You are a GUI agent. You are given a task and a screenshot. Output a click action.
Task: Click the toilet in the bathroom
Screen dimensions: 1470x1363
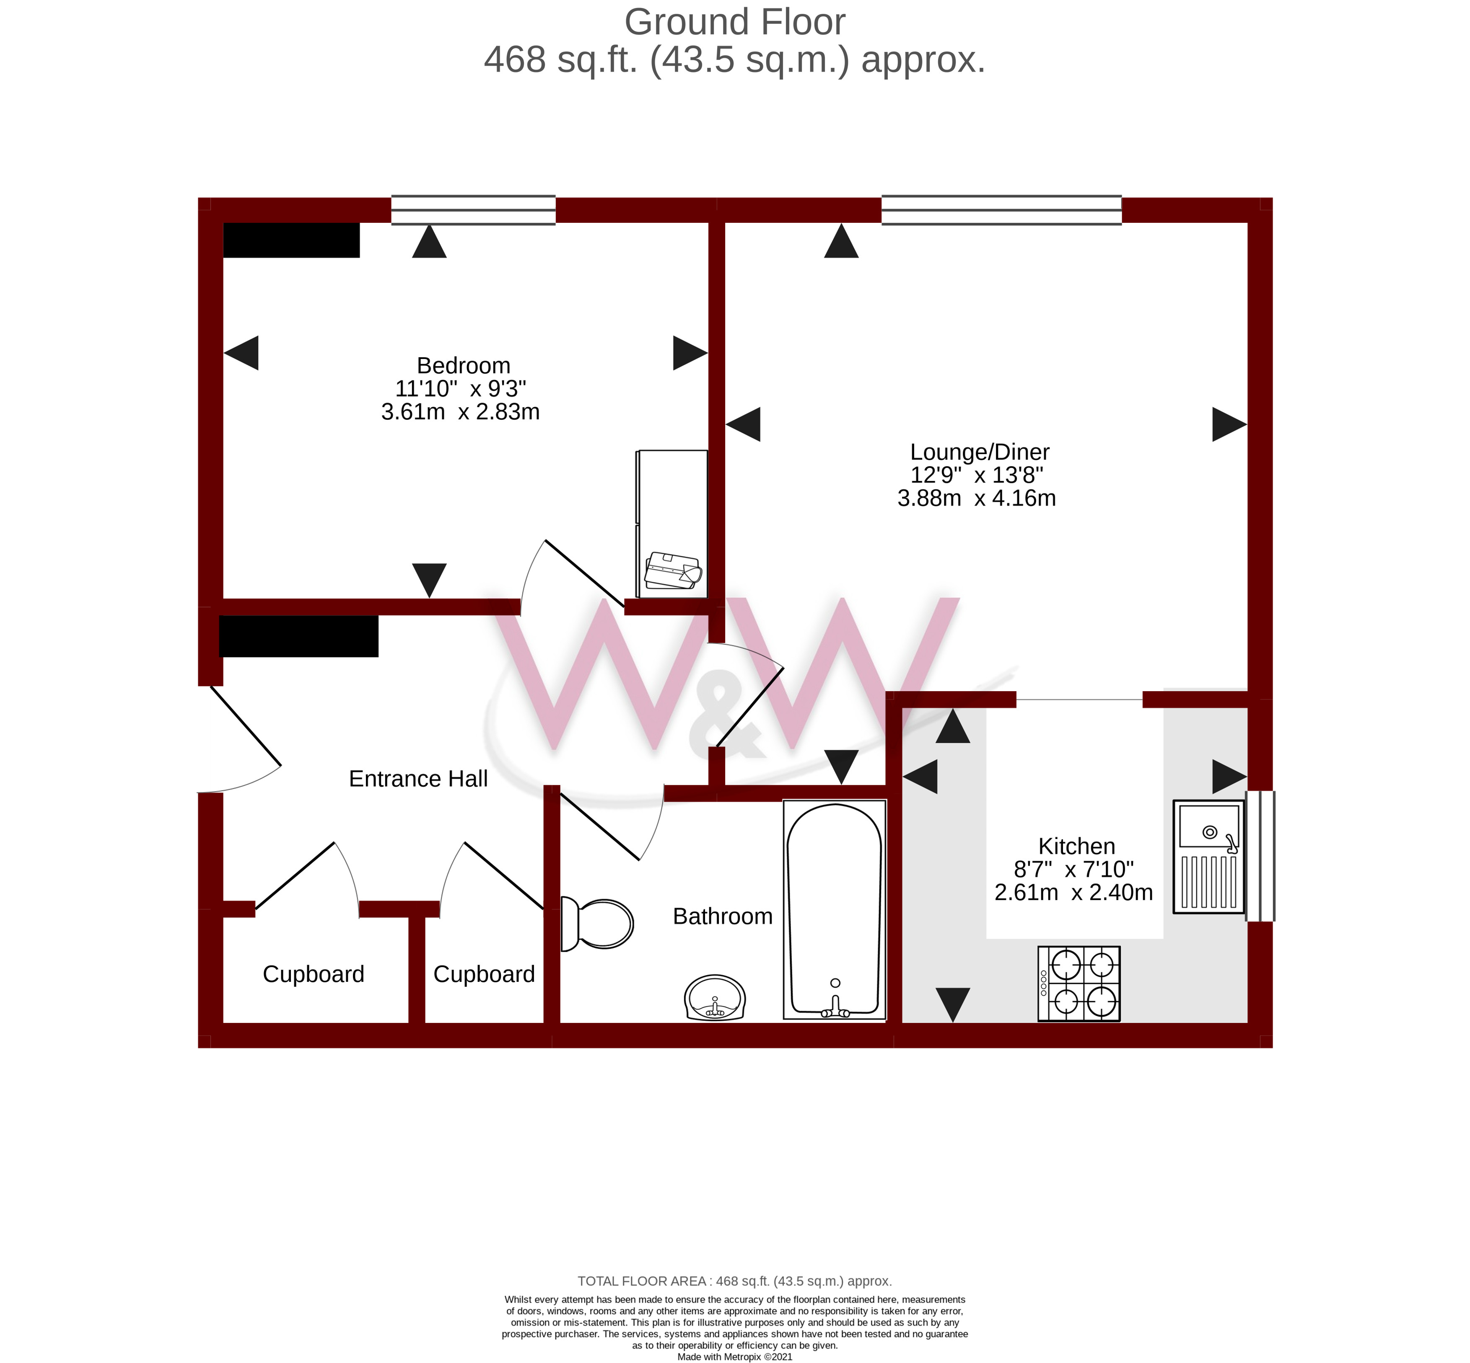pyautogui.click(x=596, y=924)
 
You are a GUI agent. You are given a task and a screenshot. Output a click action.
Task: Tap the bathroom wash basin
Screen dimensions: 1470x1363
pyautogui.click(x=714, y=998)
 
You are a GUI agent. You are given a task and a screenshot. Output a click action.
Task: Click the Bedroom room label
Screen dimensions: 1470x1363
pyautogui.click(x=464, y=365)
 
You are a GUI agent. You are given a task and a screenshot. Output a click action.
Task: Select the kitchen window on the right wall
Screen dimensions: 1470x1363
pyautogui.click(x=1260, y=856)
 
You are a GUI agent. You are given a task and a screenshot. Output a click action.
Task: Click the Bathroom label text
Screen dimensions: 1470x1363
pyautogui.click(x=723, y=916)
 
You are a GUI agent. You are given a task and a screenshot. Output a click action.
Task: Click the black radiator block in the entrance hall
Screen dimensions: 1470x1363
pyautogui.click(x=299, y=636)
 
